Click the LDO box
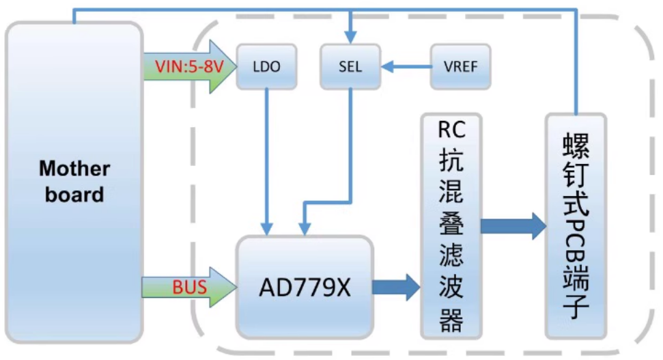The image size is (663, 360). [x=266, y=67]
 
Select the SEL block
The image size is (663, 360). [x=350, y=67]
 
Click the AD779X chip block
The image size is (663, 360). [x=305, y=287]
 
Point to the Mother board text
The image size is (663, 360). [x=74, y=181]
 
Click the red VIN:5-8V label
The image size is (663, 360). [x=182, y=67]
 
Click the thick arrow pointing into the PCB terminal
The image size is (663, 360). [x=513, y=226]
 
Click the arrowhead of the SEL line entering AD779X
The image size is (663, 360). [x=305, y=228]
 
